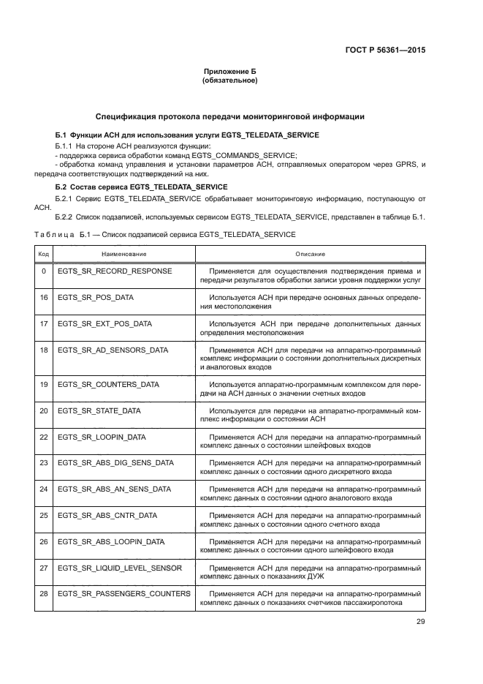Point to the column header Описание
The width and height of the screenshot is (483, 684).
311,253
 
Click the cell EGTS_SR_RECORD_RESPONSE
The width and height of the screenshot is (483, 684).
115,271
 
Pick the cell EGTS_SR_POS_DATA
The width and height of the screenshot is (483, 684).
96,298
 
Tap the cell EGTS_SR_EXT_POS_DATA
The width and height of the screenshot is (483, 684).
104,323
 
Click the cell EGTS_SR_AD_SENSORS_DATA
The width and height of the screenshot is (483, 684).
113,350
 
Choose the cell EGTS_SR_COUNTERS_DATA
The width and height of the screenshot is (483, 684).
108,384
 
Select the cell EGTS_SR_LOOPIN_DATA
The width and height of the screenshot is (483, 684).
102,437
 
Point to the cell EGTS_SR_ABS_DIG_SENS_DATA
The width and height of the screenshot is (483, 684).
115,462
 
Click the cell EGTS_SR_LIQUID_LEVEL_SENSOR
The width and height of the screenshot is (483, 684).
120,568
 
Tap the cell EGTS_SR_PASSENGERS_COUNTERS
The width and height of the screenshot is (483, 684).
123,593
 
